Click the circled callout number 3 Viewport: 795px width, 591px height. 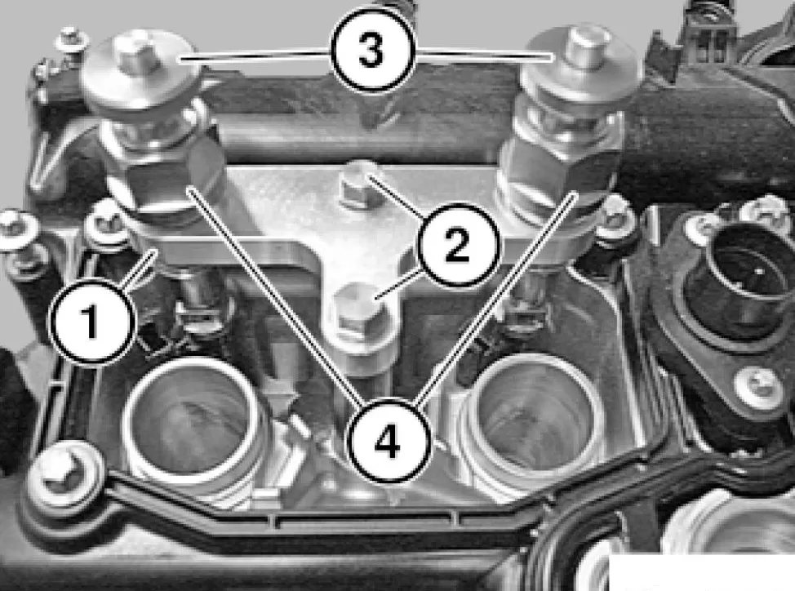tap(373, 51)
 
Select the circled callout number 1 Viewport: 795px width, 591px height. tap(91, 320)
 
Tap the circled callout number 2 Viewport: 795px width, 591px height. tap(457, 245)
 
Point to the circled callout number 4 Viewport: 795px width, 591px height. tap(389, 442)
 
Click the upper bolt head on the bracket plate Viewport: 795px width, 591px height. tap(358, 187)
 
